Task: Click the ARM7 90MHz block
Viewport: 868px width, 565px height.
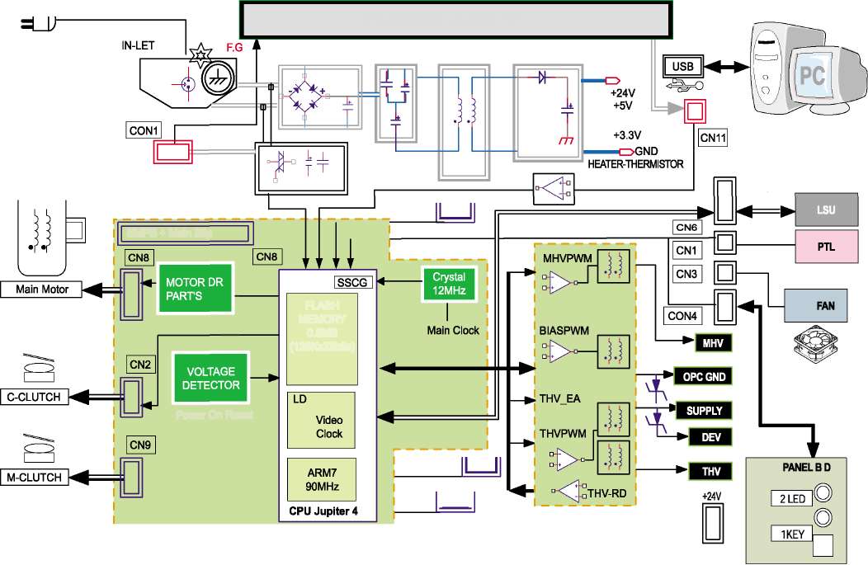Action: tap(321, 478)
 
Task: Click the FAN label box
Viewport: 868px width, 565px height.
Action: tap(826, 305)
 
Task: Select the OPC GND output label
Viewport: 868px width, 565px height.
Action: tap(704, 377)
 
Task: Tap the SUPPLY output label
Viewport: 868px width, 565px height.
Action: tap(704, 410)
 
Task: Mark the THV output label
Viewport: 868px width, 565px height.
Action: tap(710, 471)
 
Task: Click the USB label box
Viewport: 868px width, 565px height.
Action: tap(682, 65)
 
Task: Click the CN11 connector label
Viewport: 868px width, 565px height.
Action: tap(712, 139)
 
